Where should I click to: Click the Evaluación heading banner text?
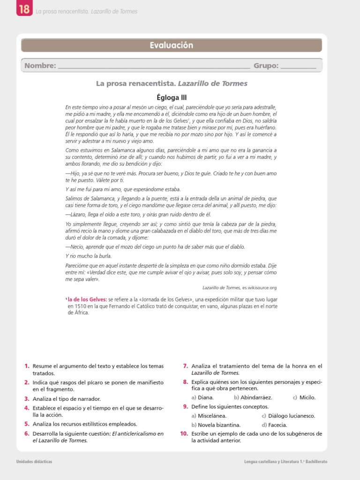pyautogui.click(x=172, y=45)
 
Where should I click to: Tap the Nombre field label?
pyautogui.click(x=40, y=66)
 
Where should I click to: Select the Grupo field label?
pyautogui.click(x=266, y=66)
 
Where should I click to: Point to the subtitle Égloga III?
pyautogui.click(x=172, y=97)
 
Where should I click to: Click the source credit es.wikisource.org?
pyautogui.click(x=259, y=287)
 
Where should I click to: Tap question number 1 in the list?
pyautogui.click(x=27, y=366)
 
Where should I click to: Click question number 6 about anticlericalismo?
pyautogui.click(x=27, y=434)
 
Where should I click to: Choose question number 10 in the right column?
pyautogui.click(x=184, y=434)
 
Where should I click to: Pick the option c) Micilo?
pyautogui.click(x=304, y=397)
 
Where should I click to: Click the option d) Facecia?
pyautogui.click(x=274, y=425)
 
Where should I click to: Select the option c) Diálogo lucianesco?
pyautogui.click(x=288, y=416)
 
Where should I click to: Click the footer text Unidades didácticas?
pyautogui.click(x=34, y=462)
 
